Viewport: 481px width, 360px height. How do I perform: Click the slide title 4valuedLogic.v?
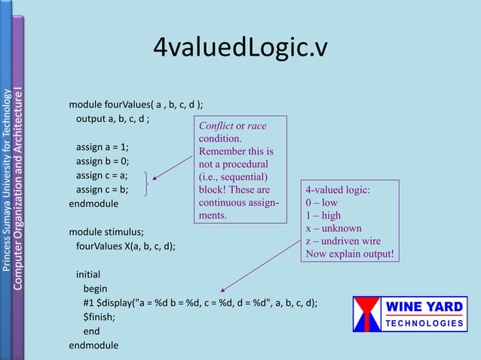pos(240,47)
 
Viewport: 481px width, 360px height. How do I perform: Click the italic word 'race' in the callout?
pos(256,125)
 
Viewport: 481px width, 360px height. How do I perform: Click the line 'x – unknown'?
pos(333,228)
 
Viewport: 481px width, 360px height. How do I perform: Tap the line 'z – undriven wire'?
pos(343,241)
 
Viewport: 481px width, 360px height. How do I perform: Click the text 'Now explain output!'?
pos(349,254)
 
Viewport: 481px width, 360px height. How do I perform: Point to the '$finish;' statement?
pos(100,317)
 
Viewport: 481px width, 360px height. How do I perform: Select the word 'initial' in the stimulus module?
pos(87,274)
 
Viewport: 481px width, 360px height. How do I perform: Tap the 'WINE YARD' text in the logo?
pos(426,307)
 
